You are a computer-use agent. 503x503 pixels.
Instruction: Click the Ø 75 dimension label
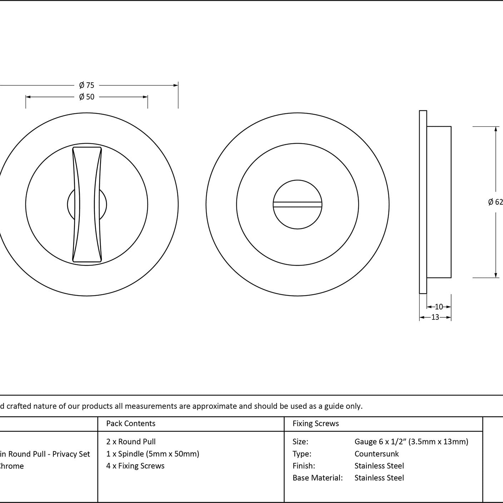click(x=87, y=85)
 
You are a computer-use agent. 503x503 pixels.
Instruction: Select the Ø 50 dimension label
click(x=87, y=97)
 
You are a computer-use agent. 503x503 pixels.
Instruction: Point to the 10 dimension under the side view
click(x=439, y=307)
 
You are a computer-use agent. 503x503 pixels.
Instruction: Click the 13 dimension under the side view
click(x=435, y=317)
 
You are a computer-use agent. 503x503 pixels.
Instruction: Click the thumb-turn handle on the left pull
click(x=87, y=204)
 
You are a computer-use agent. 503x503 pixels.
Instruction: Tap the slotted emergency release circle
click(x=298, y=204)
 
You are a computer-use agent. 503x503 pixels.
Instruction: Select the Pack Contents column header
click(x=131, y=423)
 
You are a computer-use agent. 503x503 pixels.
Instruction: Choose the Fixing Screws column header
click(x=316, y=423)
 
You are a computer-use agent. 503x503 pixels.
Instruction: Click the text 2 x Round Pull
click(x=131, y=441)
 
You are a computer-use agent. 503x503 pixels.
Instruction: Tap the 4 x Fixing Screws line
click(x=135, y=466)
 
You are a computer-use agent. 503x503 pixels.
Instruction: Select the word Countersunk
click(x=376, y=454)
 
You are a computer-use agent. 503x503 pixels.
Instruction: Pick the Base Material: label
click(x=318, y=478)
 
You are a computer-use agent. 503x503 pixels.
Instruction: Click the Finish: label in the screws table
click(x=304, y=466)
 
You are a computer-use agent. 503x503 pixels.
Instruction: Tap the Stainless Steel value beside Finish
click(x=379, y=466)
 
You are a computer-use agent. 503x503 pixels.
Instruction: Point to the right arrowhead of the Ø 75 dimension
click(x=176, y=85)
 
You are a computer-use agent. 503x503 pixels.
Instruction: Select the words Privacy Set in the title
click(x=71, y=454)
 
